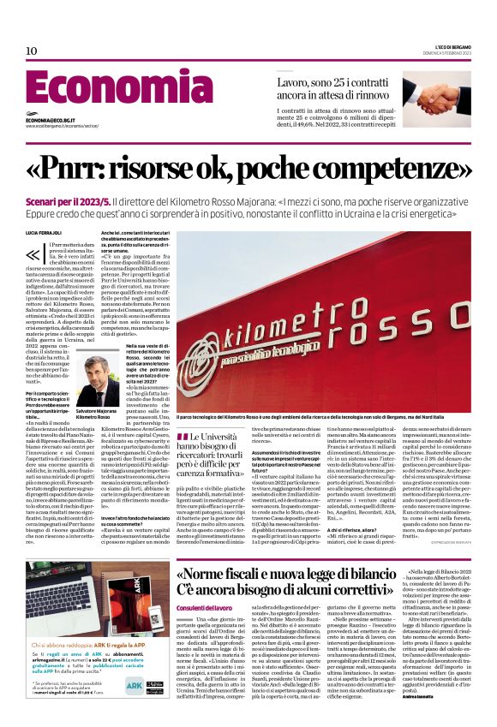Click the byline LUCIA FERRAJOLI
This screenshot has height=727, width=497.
click(44, 233)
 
